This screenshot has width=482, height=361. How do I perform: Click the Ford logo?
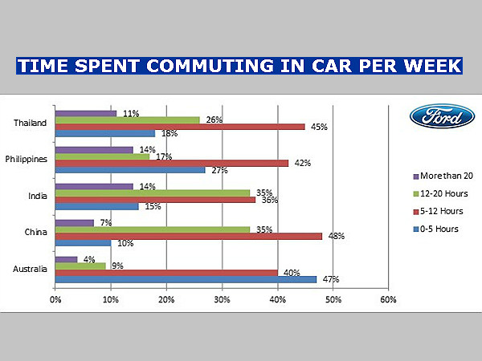[437, 117]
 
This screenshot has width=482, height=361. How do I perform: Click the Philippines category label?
[27, 159]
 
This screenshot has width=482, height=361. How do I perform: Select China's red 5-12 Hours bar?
[187, 237]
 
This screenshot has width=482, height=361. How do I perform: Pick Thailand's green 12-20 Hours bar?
[127, 120]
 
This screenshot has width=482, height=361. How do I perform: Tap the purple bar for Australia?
[66, 259]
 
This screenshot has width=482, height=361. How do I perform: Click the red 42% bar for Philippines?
[171, 163]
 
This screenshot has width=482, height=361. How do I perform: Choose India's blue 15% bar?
[96, 207]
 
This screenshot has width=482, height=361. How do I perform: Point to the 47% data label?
[330, 280]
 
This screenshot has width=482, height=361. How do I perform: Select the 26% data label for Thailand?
[213, 120]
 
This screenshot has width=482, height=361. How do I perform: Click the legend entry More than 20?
[445, 175]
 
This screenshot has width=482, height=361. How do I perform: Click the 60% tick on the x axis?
[388, 300]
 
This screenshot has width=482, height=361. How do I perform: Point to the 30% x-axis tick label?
[222, 300]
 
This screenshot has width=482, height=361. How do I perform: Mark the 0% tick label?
[55, 300]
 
